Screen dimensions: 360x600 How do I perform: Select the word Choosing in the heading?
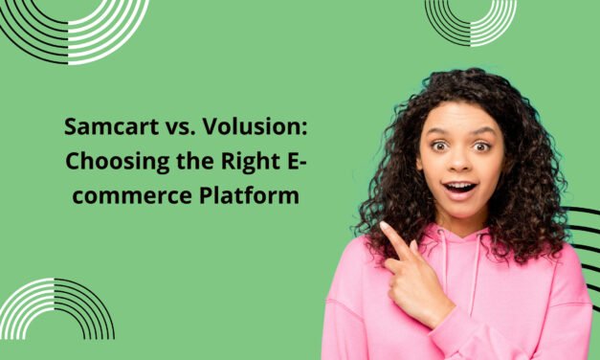point(109,161)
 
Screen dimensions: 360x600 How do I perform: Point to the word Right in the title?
point(249,161)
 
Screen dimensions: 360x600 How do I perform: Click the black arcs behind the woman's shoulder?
point(584,239)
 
